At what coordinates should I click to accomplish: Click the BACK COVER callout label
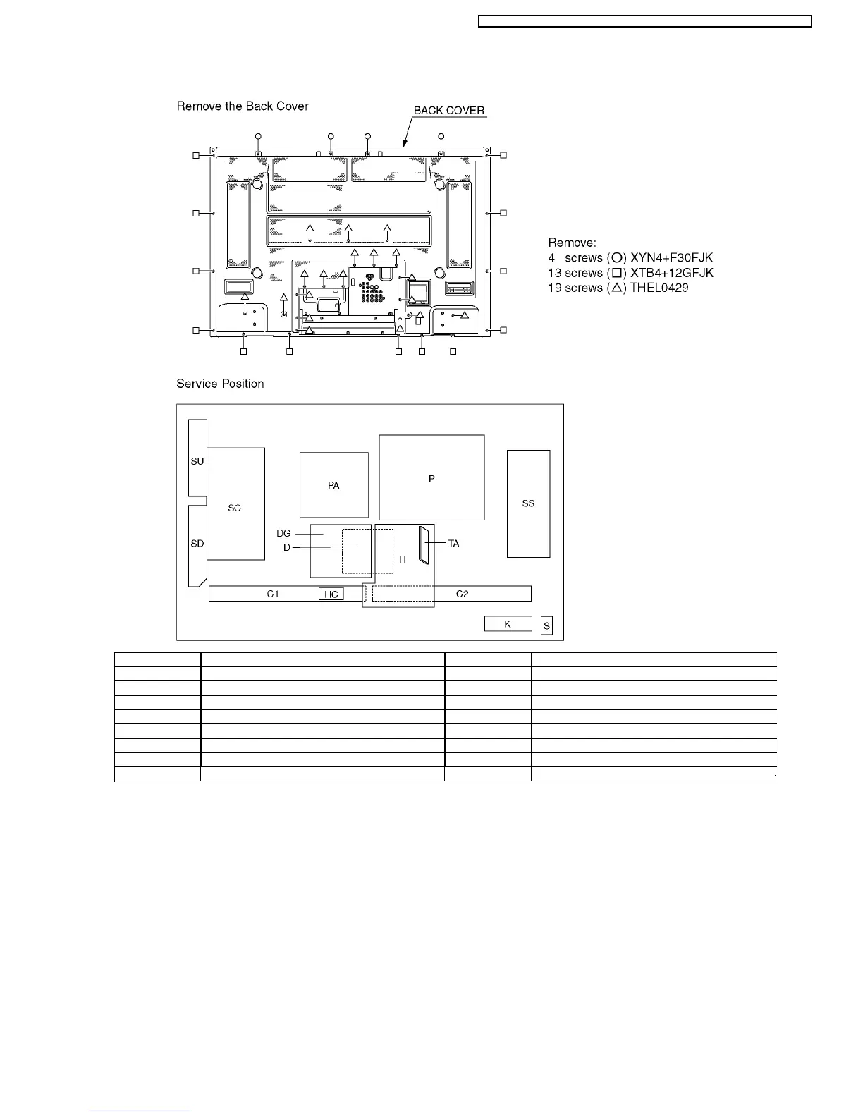[x=448, y=111]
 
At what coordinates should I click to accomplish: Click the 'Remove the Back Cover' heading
[x=243, y=106]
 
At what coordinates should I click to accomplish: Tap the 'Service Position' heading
[x=220, y=384]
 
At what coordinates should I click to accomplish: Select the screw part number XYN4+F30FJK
[x=671, y=258]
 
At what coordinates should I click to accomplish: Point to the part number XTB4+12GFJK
[x=672, y=273]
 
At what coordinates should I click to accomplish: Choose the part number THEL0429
[x=659, y=288]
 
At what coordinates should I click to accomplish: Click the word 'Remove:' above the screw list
[x=572, y=243]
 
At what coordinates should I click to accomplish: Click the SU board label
[x=197, y=462]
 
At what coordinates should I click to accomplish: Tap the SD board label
[x=197, y=544]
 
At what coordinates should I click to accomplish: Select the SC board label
[x=234, y=508]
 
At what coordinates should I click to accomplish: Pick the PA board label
[x=333, y=486]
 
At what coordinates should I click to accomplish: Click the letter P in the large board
[x=432, y=479]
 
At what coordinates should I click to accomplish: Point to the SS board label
[x=528, y=503]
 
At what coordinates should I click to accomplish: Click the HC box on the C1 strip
[x=331, y=594]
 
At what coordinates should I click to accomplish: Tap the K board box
[x=508, y=624]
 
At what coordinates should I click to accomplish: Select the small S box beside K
[x=546, y=626]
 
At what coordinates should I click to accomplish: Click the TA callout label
[x=454, y=544]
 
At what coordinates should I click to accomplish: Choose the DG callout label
[x=283, y=534]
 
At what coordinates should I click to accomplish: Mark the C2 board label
[x=462, y=594]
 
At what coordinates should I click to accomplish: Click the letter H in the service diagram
[x=403, y=559]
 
